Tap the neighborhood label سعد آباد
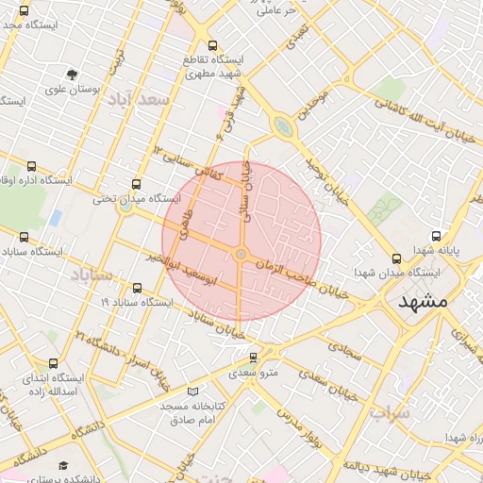click(x=137, y=99)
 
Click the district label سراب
click(x=390, y=412)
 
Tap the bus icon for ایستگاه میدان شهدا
click(x=394, y=257)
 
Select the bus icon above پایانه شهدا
click(x=435, y=237)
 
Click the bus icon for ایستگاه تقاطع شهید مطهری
click(x=211, y=45)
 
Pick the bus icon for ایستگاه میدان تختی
click(x=136, y=184)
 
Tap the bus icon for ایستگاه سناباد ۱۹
click(x=138, y=288)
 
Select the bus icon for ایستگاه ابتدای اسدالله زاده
click(x=52, y=362)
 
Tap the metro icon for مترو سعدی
click(x=253, y=358)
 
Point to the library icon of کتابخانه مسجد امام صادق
click(x=193, y=391)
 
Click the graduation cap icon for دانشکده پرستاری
click(x=63, y=465)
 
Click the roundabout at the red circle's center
click(x=241, y=255)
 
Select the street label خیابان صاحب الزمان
click(x=299, y=278)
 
